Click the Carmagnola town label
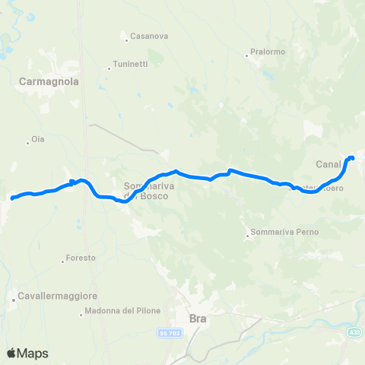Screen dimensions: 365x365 pyautogui.click(x=51, y=80)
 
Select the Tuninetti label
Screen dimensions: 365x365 pyautogui.click(x=130, y=64)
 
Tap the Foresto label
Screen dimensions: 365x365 pyautogui.click(x=81, y=259)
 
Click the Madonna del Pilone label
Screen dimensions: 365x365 pyautogui.click(x=117, y=311)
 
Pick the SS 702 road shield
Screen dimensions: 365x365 pyautogui.click(x=167, y=332)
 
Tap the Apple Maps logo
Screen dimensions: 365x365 pyautogui.click(x=27, y=353)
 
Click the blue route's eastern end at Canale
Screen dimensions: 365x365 pyautogui.click(x=351, y=157)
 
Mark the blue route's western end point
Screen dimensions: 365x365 pyautogui.click(x=12, y=198)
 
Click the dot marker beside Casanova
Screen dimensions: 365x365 pyautogui.click(x=127, y=37)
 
